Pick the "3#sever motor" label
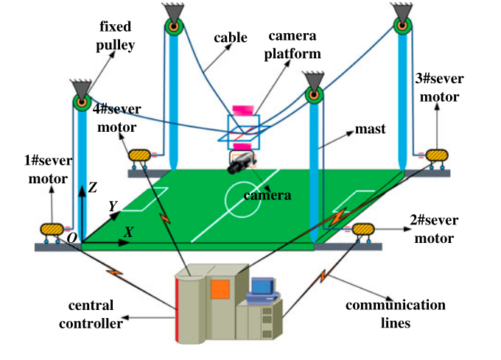coord(437,88)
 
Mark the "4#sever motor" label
coord(118,118)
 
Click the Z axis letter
coord(93,188)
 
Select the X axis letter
coord(128,231)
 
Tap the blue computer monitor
coord(262,288)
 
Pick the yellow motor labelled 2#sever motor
coord(363,230)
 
